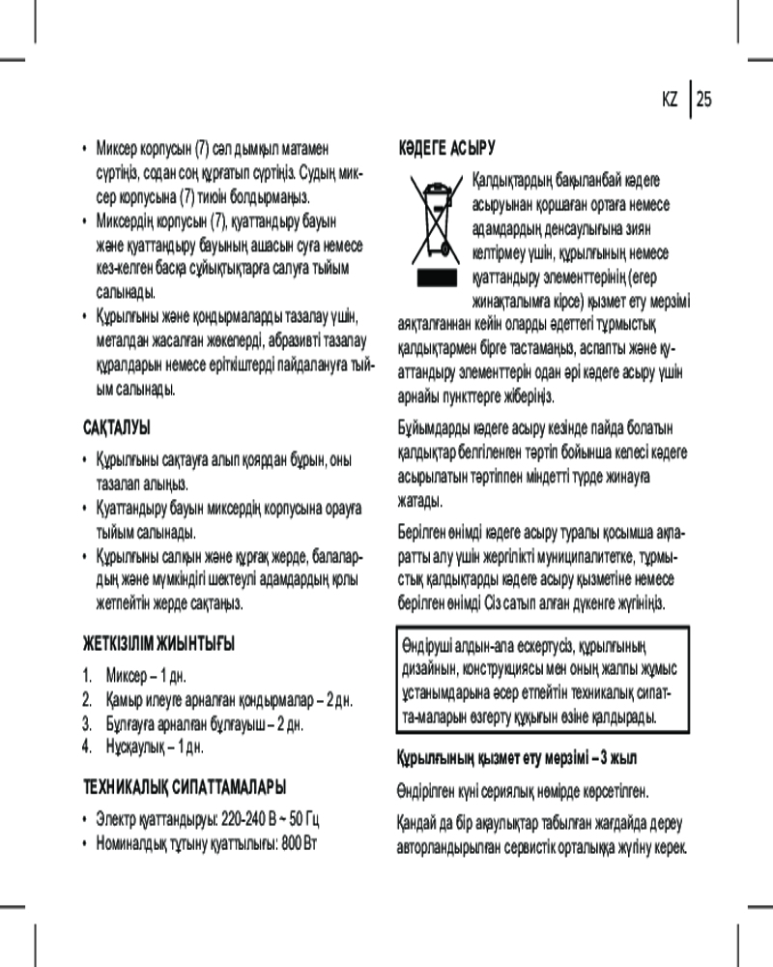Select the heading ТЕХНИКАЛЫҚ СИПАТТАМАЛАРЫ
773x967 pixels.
[183, 786]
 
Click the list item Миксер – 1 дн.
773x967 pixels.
[140, 674]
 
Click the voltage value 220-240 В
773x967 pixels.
[253, 819]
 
